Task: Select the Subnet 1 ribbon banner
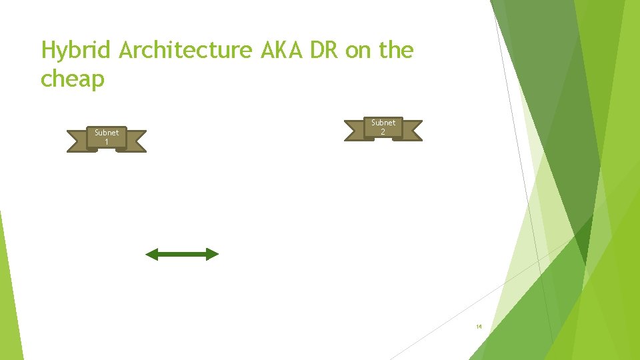point(107,138)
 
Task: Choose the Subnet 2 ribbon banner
point(383,128)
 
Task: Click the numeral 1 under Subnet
point(107,142)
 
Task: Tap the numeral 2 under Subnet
point(383,132)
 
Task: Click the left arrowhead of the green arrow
point(151,254)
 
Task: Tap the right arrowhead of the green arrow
point(212,254)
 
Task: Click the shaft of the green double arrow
point(182,254)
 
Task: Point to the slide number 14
point(479,327)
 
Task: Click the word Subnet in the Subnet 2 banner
point(383,123)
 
